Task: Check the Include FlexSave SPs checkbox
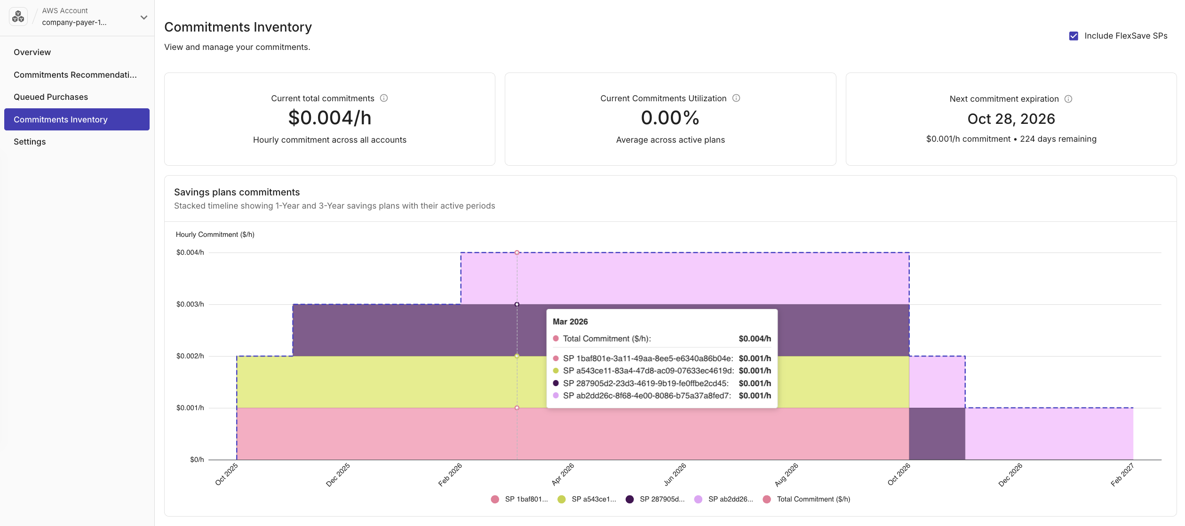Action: tap(1074, 36)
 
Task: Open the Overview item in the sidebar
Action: tap(32, 52)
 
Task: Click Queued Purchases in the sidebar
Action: tap(51, 97)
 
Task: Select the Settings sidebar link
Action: tap(30, 142)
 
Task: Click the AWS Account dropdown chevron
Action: tap(144, 17)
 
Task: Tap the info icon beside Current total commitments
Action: tap(384, 98)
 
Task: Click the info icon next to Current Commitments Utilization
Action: tap(736, 98)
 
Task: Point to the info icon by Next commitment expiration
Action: tap(1068, 99)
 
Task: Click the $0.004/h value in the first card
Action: tap(330, 118)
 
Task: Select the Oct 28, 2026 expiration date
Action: tap(1011, 119)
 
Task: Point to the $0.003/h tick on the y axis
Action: tap(190, 304)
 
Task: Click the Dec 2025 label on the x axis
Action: tap(338, 474)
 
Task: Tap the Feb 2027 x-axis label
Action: tap(1122, 474)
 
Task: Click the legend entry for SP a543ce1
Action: tap(587, 499)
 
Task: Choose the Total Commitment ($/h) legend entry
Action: tap(807, 499)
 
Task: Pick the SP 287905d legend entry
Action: tap(655, 499)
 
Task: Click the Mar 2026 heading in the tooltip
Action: tap(570, 322)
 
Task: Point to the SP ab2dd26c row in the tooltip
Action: tap(647, 396)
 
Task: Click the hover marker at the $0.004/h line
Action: tap(517, 253)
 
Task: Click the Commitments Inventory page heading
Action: tap(238, 27)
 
